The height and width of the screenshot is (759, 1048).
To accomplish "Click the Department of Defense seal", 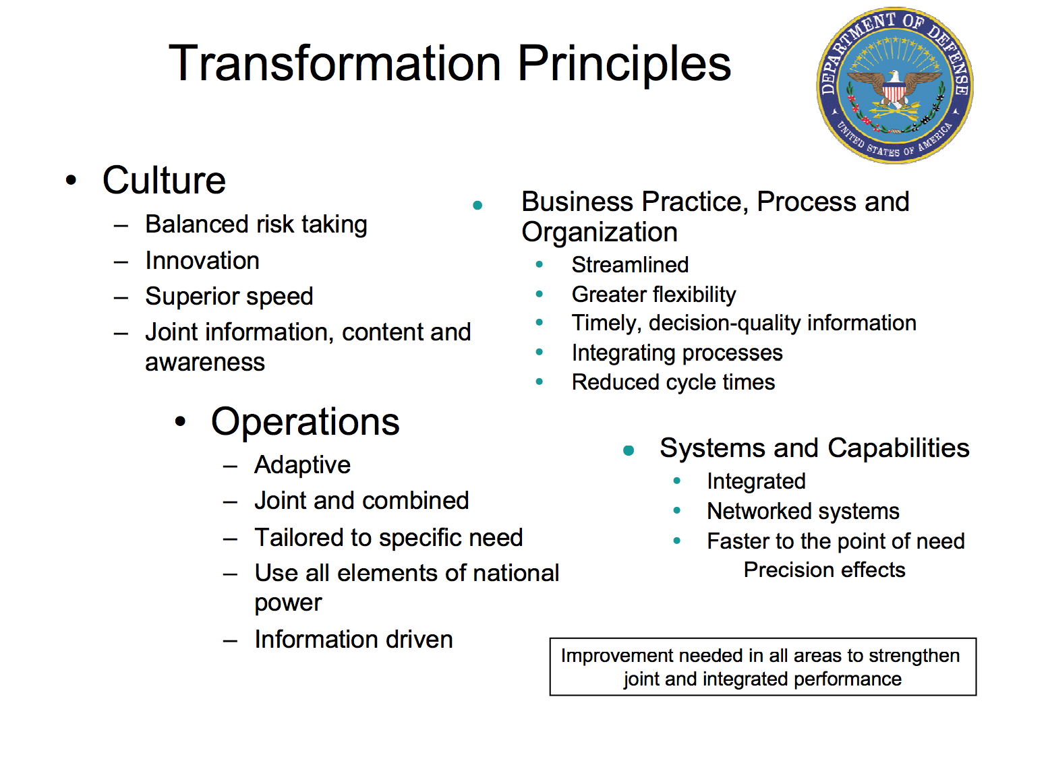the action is coord(895,86).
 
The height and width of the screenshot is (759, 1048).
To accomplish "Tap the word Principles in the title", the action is coord(624,63).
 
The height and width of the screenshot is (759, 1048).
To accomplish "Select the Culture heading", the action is coord(165,180).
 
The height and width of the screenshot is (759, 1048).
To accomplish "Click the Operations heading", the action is coord(305,421).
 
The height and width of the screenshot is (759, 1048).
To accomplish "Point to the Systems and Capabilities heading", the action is coord(815,448).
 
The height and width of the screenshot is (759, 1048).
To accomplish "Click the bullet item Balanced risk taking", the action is coord(256,224).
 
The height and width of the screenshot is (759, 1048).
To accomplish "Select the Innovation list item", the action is coord(202,260).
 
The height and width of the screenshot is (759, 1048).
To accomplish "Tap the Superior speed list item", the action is coord(229,297).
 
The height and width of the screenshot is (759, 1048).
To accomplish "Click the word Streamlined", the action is coord(630,265).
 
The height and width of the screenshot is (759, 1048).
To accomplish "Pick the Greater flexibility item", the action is coord(653,295).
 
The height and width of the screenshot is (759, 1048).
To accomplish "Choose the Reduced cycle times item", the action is coord(673,382).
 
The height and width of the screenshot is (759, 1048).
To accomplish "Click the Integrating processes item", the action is coord(677,353).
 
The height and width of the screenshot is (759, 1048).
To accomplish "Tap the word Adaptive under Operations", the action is coord(302,465).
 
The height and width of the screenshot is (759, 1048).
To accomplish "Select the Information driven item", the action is coord(353,639).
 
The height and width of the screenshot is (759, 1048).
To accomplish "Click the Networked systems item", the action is coord(803,511).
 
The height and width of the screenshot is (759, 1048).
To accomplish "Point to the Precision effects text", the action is coord(824,570).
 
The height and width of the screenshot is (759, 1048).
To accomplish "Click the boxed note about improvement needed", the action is coord(763,667).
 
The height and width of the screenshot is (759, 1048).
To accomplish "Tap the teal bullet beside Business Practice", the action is coord(477,206).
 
